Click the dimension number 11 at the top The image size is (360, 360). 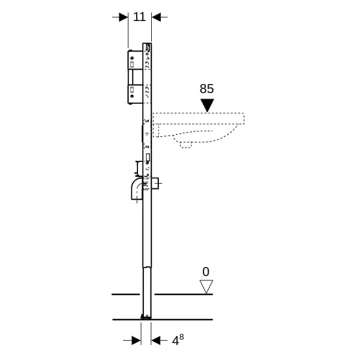coord(139,17)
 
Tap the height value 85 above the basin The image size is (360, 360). coord(206,89)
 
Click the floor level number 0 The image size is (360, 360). coord(206,272)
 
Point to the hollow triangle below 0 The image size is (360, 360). coord(206,286)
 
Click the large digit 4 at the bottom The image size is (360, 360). coord(175,341)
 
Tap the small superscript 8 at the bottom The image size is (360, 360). coord(181,337)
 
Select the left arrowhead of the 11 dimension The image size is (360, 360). coord(124,17)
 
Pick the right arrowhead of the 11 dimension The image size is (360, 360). coord(157,17)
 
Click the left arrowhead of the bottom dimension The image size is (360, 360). coord(136,340)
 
